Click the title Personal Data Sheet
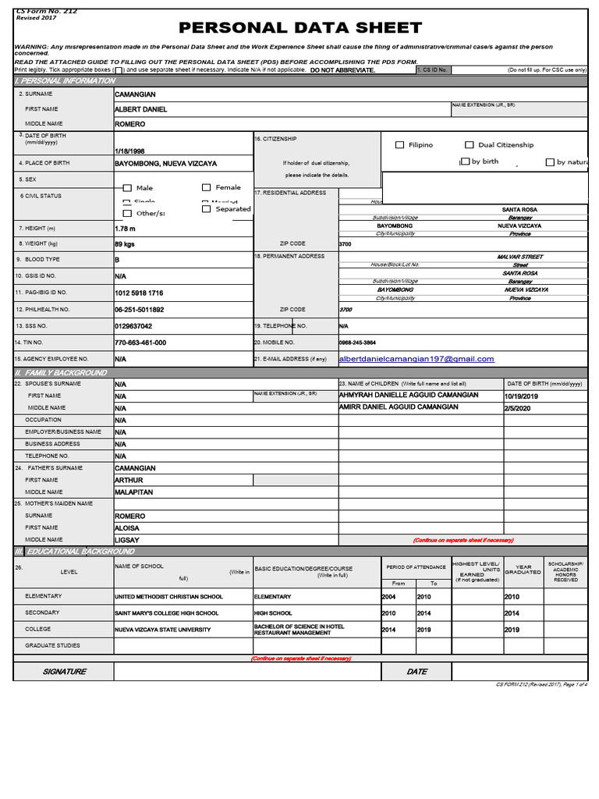pyautogui.click(x=300, y=28)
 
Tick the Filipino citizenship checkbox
pyautogui.click(x=400, y=145)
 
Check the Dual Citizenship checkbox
pyautogui.click(x=470, y=145)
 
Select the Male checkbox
pyautogui.click(x=127, y=188)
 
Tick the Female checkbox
pyautogui.click(x=207, y=187)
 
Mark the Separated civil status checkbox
pyautogui.click(x=207, y=209)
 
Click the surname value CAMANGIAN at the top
pyautogui.click(x=135, y=94)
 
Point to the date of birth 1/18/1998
pyautogui.click(x=129, y=151)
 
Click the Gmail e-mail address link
pyautogui.click(x=416, y=359)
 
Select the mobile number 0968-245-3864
pyautogui.click(x=357, y=343)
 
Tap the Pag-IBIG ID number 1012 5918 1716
pyautogui.click(x=139, y=293)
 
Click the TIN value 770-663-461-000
pyautogui.click(x=140, y=343)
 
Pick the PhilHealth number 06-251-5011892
pyautogui.click(x=140, y=310)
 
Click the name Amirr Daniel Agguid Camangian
pyautogui.click(x=399, y=407)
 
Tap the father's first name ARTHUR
pyautogui.click(x=129, y=481)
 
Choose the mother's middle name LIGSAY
pyautogui.click(x=127, y=540)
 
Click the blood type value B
pyautogui.click(x=117, y=259)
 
